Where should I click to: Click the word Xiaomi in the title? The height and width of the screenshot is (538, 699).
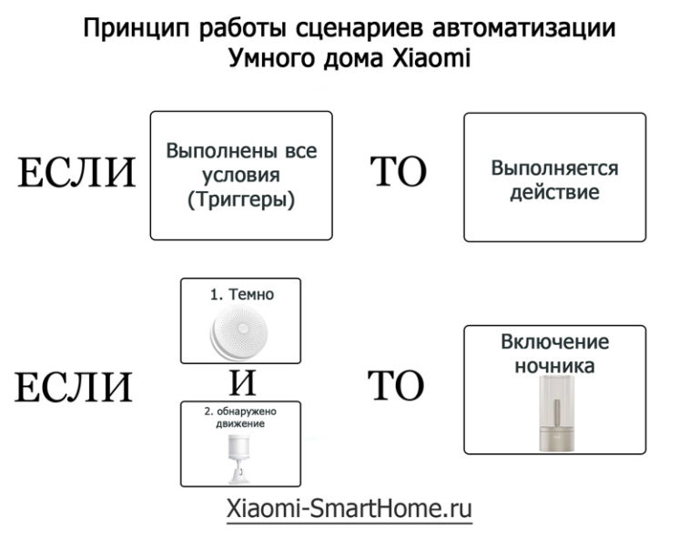[x=431, y=58]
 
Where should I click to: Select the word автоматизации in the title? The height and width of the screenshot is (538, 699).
[x=524, y=28]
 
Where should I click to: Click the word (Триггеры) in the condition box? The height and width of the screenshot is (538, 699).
[x=241, y=199]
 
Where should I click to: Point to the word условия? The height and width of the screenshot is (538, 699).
[x=241, y=175]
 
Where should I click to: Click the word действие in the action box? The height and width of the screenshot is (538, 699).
[x=554, y=193]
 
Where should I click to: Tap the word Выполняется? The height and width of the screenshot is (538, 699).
[x=554, y=168]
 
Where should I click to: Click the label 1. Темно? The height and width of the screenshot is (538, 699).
[x=241, y=294]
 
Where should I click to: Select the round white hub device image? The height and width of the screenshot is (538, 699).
[x=239, y=332]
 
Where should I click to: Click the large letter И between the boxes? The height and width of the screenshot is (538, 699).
[x=242, y=383]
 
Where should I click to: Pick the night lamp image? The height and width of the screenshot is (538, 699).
[x=555, y=412]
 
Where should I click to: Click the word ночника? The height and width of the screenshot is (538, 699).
[x=554, y=366]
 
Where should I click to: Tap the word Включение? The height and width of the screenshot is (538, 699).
[x=554, y=342]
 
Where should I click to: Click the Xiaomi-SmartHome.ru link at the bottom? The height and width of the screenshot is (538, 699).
[x=349, y=509]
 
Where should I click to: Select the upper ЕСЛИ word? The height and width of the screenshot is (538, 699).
[x=76, y=173]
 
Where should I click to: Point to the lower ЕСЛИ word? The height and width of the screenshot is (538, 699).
[x=74, y=388]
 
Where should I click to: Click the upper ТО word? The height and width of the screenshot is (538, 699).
[x=398, y=172]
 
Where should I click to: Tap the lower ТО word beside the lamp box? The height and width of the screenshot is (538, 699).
[x=395, y=386]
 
